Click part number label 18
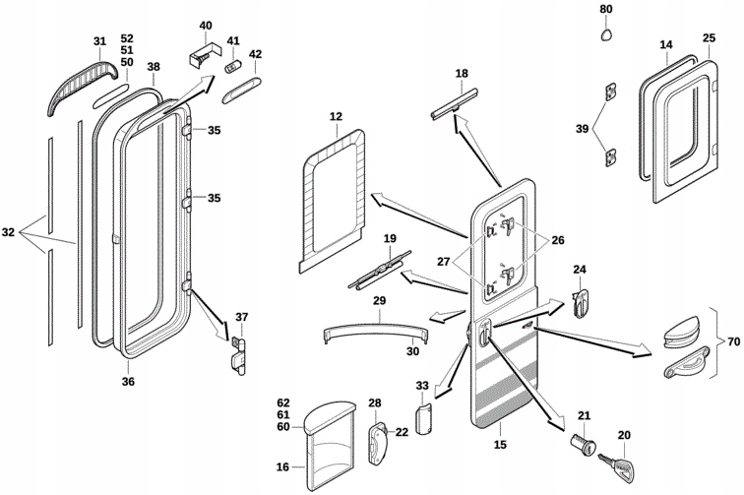pos(463,74)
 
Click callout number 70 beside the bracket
pos(732,340)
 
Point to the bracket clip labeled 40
pos(203,53)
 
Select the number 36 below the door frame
pos(128,382)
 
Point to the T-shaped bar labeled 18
pos(457,99)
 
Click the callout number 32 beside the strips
pos(9,233)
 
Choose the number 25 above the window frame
pos(709,38)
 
